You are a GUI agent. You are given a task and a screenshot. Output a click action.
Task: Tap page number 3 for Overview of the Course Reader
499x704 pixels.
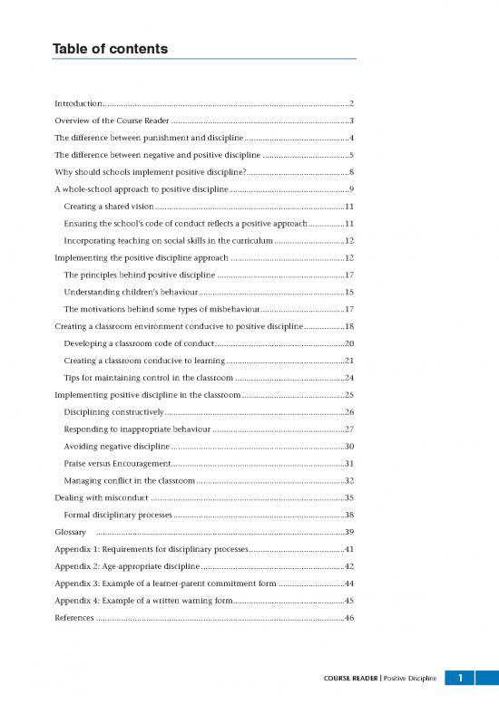point(350,121)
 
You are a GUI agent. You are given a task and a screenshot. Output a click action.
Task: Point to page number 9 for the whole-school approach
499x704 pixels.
point(350,188)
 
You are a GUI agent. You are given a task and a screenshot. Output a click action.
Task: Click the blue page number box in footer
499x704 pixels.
point(461,677)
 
